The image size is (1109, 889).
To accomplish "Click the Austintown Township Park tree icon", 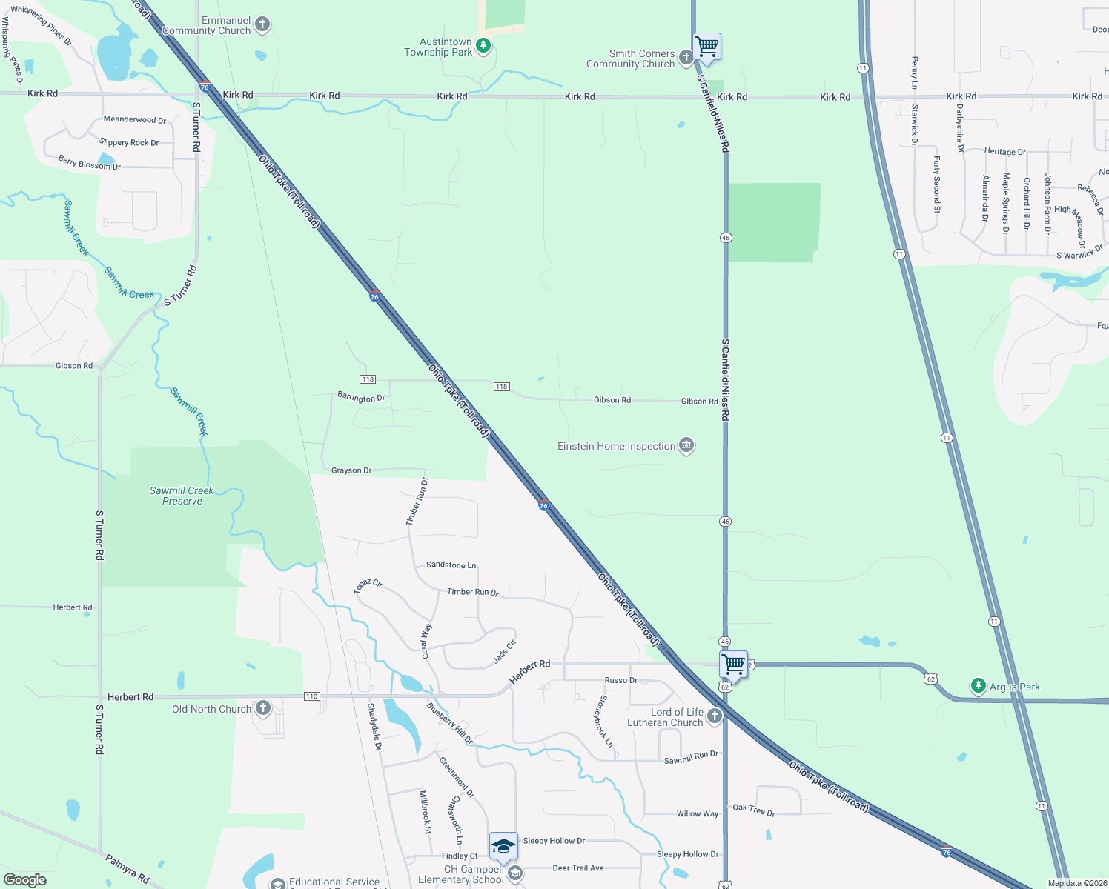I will [x=483, y=47].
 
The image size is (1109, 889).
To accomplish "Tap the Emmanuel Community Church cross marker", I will [x=262, y=25].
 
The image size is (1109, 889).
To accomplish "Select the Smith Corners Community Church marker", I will [x=686, y=58].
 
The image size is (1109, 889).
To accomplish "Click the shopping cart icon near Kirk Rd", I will [x=706, y=47].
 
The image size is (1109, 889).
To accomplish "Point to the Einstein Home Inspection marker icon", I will [x=686, y=445].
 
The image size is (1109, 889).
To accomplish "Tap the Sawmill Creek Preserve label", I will [x=182, y=496].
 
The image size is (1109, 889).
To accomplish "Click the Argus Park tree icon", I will [x=979, y=686].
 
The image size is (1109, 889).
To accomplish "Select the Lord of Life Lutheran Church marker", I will [x=714, y=716].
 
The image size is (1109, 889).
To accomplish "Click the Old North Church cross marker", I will [x=263, y=708].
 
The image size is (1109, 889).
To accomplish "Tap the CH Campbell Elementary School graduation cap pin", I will [x=503, y=846].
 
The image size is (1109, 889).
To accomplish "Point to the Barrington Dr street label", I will [x=361, y=398].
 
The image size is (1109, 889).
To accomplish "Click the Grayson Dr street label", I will [x=351, y=470].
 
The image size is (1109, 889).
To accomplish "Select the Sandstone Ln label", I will [x=451, y=565].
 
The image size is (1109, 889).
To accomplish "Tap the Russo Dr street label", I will [x=620, y=680].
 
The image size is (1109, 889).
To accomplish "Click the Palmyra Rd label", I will [x=127, y=869].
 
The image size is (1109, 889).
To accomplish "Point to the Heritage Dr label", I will [x=1004, y=151].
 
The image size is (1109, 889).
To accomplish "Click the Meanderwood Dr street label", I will [x=134, y=119].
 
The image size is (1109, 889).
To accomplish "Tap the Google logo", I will [x=25, y=879].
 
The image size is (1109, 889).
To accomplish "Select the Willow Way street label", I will [x=697, y=813].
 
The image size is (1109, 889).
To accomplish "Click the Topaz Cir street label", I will [x=368, y=586].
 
